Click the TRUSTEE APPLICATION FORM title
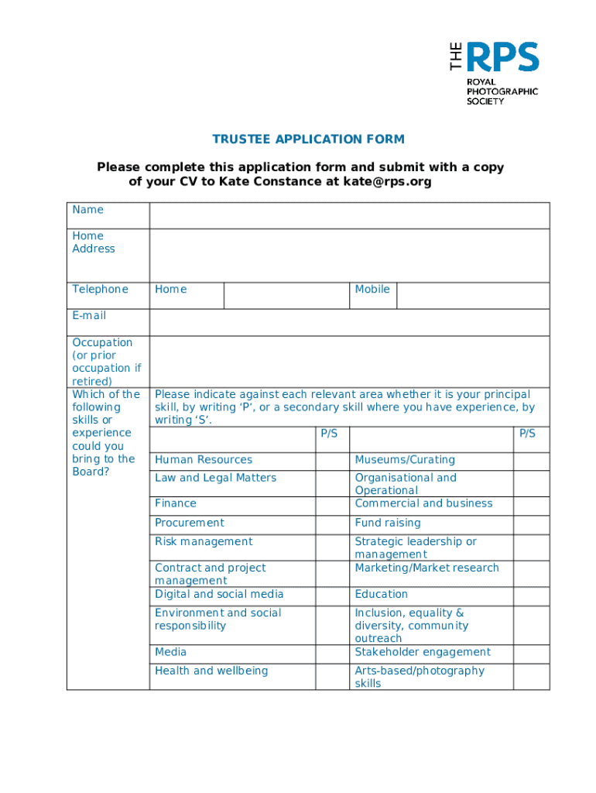click(x=309, y=139)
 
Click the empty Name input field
click(x=349, y=215)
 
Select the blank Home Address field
click(x=349, y=255)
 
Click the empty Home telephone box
click(x=286, y=295)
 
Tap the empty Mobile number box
click(x=472, y=295)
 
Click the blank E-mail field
click(x=349, y=322)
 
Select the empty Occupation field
click(x=349, y=361)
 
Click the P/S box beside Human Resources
click(x=332, y=460)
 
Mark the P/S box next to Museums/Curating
click(x=532, y=460)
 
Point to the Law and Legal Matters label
click(x=215, y=478)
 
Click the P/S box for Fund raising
click(x=532, y=524)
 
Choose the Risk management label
click(x=204, y=541)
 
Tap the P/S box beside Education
click(x=532, y=595)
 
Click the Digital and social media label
click(x=219, y=594)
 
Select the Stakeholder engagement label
click(x=423, y=652)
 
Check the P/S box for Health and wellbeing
click(x=332, y=676)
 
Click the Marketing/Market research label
click(x=426, y=568)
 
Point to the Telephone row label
click(x=101, y=289)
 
